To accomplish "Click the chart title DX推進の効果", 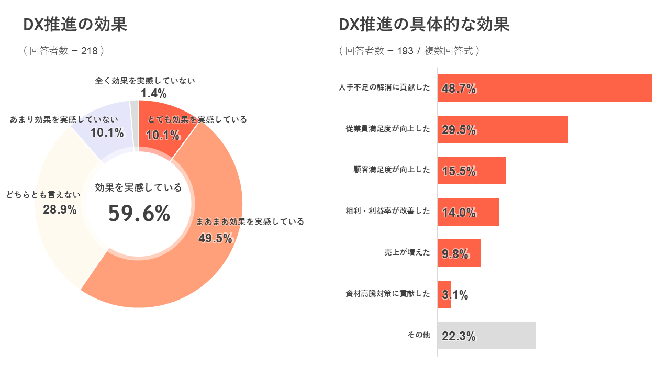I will (x=75, y=25).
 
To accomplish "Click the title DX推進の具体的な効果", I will (x=424, y=25).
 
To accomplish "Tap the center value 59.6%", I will (x=139, y=214).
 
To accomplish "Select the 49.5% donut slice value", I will (x=215, y=238).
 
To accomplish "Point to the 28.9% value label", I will (x=60, y=210).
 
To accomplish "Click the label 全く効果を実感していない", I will (x=145, y=81).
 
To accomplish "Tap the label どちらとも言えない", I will (x=43, y=195).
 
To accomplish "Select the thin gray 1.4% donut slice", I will (x=135, y=126).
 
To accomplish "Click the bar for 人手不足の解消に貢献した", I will (x=544, y=88).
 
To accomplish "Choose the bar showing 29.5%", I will (x=502, y=129).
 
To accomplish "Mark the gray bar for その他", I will (x=486, y=336).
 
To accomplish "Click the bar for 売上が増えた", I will (x=459, y=253).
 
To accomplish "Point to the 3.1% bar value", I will (x=455, y=295).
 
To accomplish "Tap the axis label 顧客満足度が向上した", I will (x=392, y=170).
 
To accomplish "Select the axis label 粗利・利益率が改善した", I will (x=388, y=211).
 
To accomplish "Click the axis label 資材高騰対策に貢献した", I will (x=388, y=294).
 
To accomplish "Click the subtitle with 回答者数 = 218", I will (x=64, y=51).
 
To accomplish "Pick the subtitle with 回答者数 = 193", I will (x=409, y=51).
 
